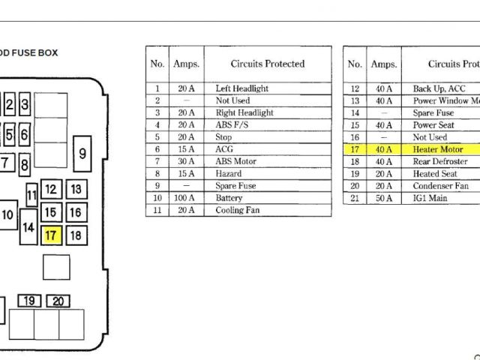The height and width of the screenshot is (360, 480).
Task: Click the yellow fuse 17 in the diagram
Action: (x=51, y=235)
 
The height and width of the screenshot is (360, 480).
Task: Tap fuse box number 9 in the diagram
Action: (x=82, y=154)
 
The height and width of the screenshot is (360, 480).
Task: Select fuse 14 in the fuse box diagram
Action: (x=28, y=226)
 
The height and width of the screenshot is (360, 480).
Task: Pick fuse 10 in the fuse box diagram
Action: (x=7, y=215)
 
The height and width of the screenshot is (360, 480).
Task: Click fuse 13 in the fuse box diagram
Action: (x=76, y=190)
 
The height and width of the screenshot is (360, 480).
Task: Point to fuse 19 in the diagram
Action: (x=29, y=301)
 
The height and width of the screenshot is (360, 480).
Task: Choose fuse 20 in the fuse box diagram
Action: (x=58, y=301)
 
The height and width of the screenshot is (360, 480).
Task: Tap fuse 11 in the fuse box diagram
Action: (x=31, y=196)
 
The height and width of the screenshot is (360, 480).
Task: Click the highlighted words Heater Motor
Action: (x=438, y=149)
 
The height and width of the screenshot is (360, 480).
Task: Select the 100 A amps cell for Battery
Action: (x=185, y=198)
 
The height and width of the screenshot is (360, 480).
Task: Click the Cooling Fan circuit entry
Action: (x=238, y=210)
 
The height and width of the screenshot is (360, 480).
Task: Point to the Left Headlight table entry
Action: (x=241, y=88)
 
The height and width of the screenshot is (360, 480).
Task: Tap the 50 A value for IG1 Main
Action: (x=383, y=198)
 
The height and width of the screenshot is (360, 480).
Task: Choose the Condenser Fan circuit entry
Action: (x=440, y=186)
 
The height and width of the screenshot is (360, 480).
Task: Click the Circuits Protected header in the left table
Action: (x=267, y=64)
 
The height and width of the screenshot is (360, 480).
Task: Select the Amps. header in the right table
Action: (x=383, y=64)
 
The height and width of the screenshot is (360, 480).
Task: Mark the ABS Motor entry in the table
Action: (x=235, y=161)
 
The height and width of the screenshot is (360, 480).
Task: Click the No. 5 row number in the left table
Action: (x=157, y=137)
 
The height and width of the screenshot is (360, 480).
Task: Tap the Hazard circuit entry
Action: (x=229, y=173)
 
